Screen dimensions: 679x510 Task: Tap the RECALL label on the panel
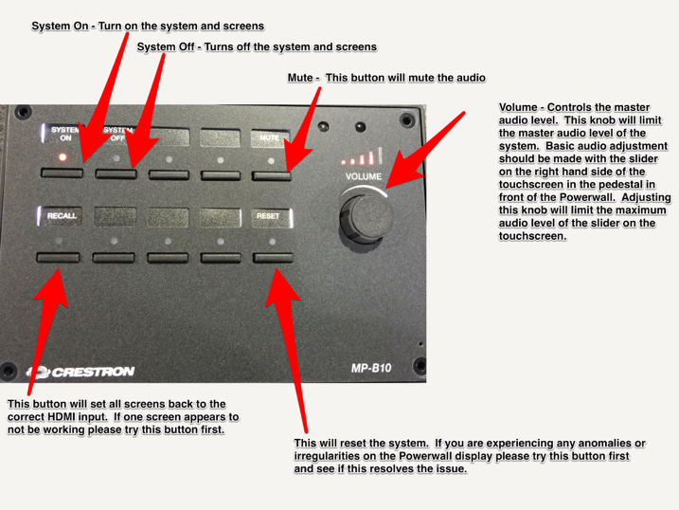point(62,216)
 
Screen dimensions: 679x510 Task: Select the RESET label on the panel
point(268,216)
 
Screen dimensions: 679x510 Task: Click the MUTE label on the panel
point(269,137)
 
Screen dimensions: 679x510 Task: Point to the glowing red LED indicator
point(63,156)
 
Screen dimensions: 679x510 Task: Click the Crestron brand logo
point(80,372)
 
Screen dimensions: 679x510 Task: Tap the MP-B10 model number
point(371,369)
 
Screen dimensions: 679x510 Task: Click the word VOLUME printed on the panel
point(364,176)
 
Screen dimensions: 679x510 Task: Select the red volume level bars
point(362,156)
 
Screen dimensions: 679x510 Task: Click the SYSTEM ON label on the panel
point(65,134)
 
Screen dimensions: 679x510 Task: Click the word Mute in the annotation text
point(300,78)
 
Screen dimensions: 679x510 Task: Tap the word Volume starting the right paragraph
point(518,107)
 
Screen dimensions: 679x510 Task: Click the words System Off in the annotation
point(166,46)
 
